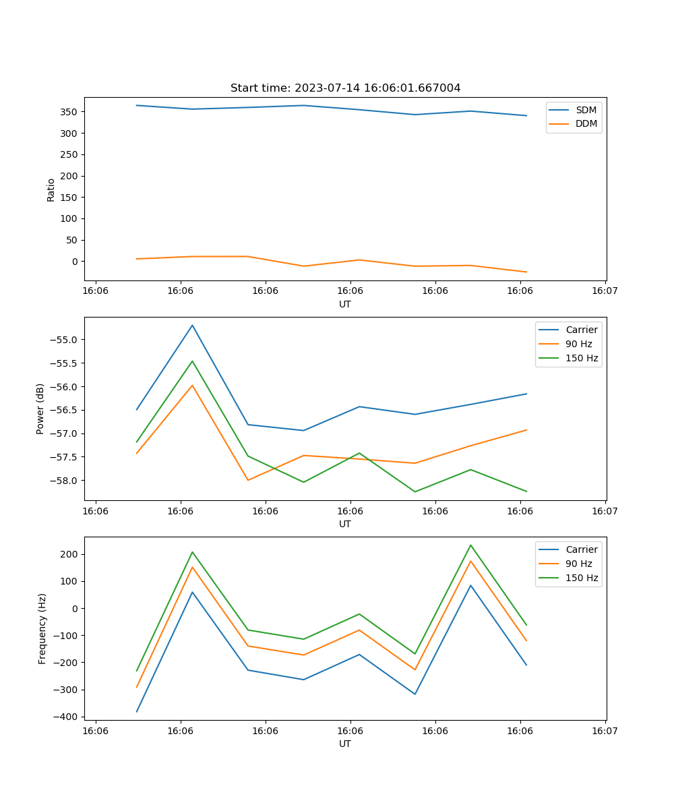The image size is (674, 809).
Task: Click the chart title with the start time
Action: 345,88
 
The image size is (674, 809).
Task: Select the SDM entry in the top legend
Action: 586,110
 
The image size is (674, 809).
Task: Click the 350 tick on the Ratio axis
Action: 69,112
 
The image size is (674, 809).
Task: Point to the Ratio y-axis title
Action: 51,190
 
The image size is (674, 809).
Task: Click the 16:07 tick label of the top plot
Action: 605,291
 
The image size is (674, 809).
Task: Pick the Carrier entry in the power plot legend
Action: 581,330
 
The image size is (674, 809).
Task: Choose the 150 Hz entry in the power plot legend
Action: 581,358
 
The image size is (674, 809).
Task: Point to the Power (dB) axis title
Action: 40,409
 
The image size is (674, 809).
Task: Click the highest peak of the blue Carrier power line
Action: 192,325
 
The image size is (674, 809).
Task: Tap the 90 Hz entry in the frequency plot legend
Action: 578,564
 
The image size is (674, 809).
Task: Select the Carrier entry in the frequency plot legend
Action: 581,549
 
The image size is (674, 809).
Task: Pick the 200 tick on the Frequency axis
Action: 69,554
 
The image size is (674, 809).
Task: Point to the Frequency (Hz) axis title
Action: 42,628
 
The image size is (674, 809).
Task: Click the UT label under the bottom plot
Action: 345,744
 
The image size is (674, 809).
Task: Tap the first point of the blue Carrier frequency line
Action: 137,712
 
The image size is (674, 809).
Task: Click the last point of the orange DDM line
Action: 526,272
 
